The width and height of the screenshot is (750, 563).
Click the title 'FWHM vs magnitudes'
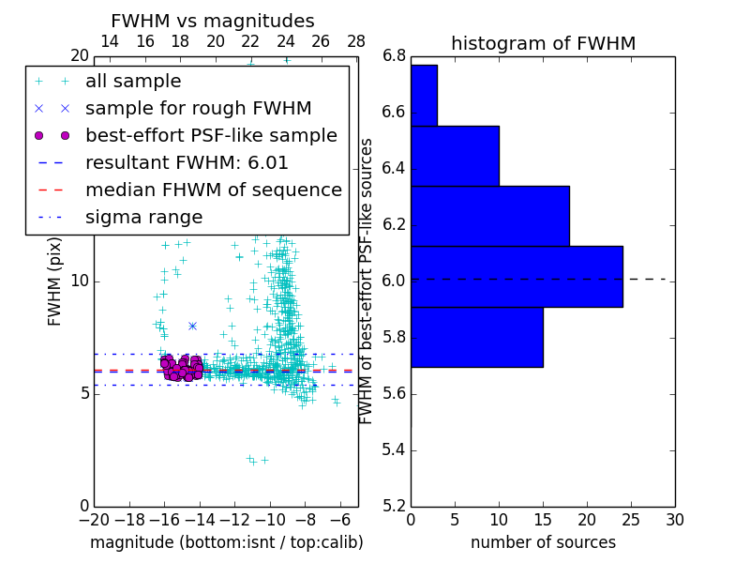212,21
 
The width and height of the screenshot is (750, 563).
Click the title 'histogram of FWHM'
543,43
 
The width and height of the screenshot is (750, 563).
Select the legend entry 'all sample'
133,82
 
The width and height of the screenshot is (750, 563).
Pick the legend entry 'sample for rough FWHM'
198,108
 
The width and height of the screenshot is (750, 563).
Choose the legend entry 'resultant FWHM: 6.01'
187,162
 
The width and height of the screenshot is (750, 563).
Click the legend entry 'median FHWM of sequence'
213,190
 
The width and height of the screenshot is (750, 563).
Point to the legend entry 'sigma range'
143,217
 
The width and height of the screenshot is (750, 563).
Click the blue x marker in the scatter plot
192,326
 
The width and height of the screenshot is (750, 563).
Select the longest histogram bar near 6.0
517,276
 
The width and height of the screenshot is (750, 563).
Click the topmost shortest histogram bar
424,95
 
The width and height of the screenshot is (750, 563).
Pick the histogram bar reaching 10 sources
455,156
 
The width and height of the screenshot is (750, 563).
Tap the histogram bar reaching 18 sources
490,216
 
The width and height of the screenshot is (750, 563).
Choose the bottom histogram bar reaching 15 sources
476,337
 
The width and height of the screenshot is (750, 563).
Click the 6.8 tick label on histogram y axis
394,56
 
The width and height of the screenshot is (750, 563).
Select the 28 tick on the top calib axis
356,41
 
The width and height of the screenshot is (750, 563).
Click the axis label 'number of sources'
543,542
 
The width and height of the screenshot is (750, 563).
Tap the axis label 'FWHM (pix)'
55,281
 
